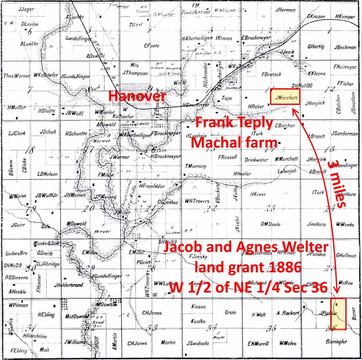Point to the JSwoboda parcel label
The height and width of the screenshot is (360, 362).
[200, 343]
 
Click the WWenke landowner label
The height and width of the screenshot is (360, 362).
[345, 225]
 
